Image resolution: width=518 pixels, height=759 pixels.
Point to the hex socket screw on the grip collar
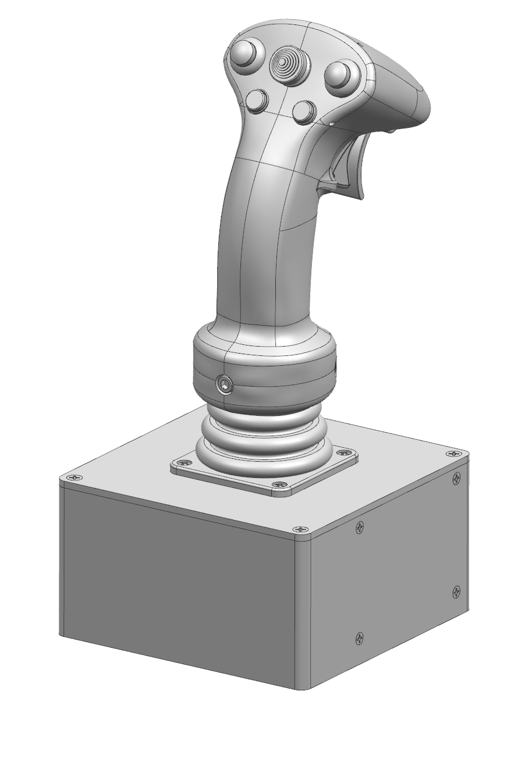(x=224, y=383)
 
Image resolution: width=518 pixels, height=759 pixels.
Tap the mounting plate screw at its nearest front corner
(x=278, y=484)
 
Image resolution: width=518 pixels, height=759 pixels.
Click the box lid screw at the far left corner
(x=74, y=478)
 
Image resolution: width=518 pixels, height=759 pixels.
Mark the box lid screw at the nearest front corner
(x=300, y=530)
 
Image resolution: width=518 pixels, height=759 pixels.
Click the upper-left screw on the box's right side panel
(x=360, y=528)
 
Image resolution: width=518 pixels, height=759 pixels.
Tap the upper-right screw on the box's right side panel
(x=456, y=478)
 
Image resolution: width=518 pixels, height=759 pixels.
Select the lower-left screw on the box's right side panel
(x=359, y=639)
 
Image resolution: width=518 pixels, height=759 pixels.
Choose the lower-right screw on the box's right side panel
(x=456, y=591)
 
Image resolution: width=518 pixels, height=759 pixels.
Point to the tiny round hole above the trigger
(x=331, y=124)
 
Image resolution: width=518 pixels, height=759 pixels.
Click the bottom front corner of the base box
(x=303, y=688)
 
